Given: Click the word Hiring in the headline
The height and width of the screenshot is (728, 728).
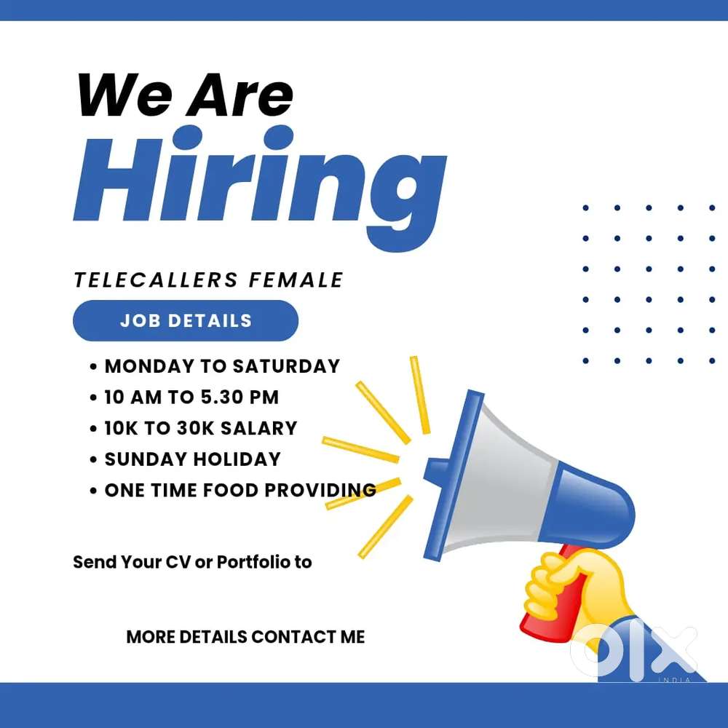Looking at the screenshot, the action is (x=260, y=188).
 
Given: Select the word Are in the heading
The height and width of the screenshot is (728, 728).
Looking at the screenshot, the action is (x=240, y=95).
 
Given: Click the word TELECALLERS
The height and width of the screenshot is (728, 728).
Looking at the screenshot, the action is (x=156, y=280).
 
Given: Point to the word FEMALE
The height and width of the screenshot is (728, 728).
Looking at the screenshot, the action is (x=296, y=280).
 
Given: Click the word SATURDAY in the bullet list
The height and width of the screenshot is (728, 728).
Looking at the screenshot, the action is (x=286, y=366).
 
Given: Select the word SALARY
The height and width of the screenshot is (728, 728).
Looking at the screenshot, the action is (x=258, y=428).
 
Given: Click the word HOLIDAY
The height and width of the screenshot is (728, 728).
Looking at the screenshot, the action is (x=237, y=459).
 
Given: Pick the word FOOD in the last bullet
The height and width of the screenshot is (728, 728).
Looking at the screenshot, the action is (x=230, y=490).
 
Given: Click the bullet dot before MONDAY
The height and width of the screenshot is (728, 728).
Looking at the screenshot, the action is (x=93, y=367).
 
